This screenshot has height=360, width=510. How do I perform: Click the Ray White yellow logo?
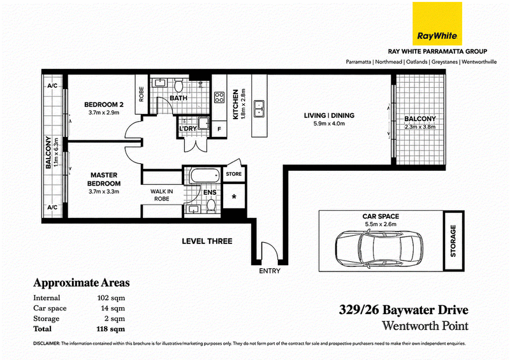point(437,24)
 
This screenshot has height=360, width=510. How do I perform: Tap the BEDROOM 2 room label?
point(104,104)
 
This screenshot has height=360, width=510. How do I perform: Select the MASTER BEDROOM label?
point(104,179)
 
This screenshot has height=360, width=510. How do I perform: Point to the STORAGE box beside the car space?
point(453,241)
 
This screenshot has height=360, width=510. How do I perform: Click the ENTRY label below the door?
point(270,271)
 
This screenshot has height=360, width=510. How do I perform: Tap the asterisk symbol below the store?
point(233,197)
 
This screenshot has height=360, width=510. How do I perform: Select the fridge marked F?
point(219,129)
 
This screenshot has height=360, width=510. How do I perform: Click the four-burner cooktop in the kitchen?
point(219,97)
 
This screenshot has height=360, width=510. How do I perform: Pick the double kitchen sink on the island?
point(259,109)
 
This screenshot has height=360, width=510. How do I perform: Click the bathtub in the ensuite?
point(205,176)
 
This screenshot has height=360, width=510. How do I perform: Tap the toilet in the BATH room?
point(178,85)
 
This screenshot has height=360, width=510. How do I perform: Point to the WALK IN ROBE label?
point(162,195)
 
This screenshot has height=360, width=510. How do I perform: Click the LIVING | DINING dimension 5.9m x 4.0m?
point(329,124)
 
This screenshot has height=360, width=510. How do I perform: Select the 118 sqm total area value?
point(110,329)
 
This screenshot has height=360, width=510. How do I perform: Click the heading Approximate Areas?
point(82,283)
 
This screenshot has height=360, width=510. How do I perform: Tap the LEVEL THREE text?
point(207,241)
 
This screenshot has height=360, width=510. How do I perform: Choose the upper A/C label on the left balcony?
point(52,86)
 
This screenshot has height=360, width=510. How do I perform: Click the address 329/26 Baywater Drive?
point(404,310)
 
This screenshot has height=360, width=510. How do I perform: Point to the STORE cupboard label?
point(234,174)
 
